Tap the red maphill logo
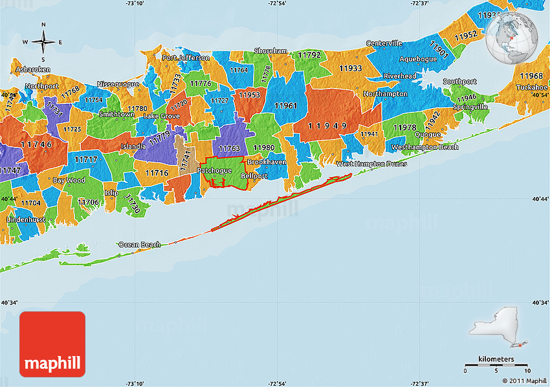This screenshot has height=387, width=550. coord(52,344)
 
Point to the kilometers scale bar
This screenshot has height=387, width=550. coord(497,366)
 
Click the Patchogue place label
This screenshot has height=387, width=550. coord(214,171)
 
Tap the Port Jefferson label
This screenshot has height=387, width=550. coord(186,58)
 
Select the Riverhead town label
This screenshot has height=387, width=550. coord(400,76)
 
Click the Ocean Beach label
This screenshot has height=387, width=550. coord(138,245)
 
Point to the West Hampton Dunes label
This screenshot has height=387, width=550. coord(371,164)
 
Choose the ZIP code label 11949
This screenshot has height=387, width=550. coord(327,125)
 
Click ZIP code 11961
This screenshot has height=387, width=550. coord(285,105)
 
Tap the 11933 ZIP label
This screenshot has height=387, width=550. coord(351,68)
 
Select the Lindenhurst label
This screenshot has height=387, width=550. coord(26,220)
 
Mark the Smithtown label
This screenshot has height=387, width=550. coord(116,114)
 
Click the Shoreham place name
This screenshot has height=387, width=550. coord(270,50)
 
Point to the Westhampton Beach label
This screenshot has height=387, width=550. coord(424,147)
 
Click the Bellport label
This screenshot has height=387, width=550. coord(254,176)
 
